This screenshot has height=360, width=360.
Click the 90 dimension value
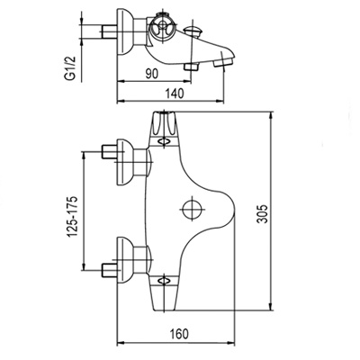click(x=152, y=74)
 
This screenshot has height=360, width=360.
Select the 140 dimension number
click(x=175, y=94)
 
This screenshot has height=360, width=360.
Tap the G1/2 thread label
click(x=69, y=68)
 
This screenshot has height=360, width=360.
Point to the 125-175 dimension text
click(x=72, y=216)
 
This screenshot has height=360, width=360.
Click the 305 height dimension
click(x=263, y=213)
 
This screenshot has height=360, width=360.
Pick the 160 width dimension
click(x=180, y=333)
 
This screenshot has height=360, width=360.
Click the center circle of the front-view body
click(x=191, y=209)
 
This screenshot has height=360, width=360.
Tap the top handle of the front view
click(x=164, y=129)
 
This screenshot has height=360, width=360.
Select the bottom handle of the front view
click(x=164, y=292)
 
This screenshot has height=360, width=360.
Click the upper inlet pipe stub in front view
click(x=109, y=152)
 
